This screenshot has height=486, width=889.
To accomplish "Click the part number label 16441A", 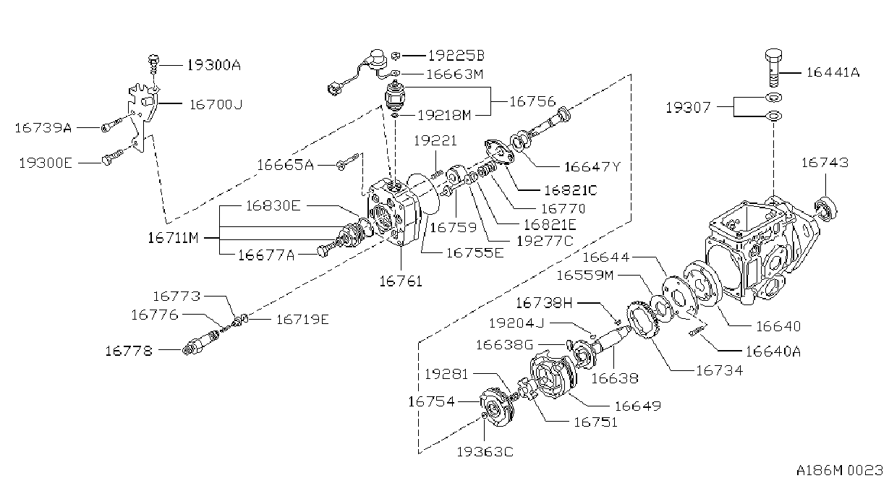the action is pos(833,72).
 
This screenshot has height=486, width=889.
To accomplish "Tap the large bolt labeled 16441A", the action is pos(773,67).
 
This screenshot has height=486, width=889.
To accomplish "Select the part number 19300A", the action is pos(214,64).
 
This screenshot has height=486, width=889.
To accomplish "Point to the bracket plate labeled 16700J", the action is pos(143,117).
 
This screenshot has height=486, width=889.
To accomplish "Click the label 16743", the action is pos(825,162).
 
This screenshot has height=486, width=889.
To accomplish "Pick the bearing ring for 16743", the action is pos(825,209).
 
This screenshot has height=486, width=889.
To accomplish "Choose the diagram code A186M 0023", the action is pos(839,470).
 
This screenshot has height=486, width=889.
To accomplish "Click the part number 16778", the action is pos(129,351).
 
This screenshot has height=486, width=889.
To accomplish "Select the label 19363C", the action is pos(485,451).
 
